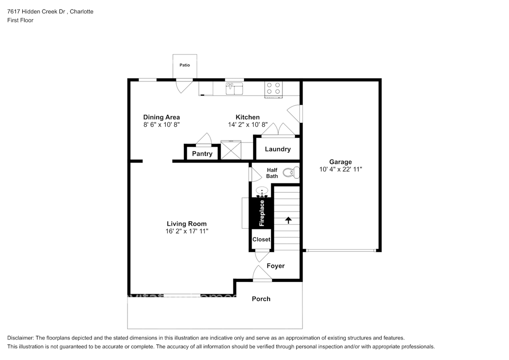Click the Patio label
click(x=184, y=65)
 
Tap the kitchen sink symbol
click(x=234, y=89)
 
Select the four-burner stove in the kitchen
click(x=273, y=88)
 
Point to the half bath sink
click(x=262, y=191)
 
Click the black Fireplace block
click(x=262, y=213)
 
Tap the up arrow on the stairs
click(x=288, y=220)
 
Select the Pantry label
click(x=202, y=154)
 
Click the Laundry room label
click(x=277, y=149)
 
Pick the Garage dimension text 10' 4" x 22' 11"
click(x=340, y=169)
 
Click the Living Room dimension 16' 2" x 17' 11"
click(x=186, y=231)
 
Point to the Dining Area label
click(x=161, y=117)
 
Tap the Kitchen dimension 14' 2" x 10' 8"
click(x=247, y=125)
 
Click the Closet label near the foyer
click(x=261, y=239)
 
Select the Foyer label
click(x=275, y=266)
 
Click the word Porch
click(x=261, y=299)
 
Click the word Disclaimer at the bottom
click(x=20, y=337)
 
